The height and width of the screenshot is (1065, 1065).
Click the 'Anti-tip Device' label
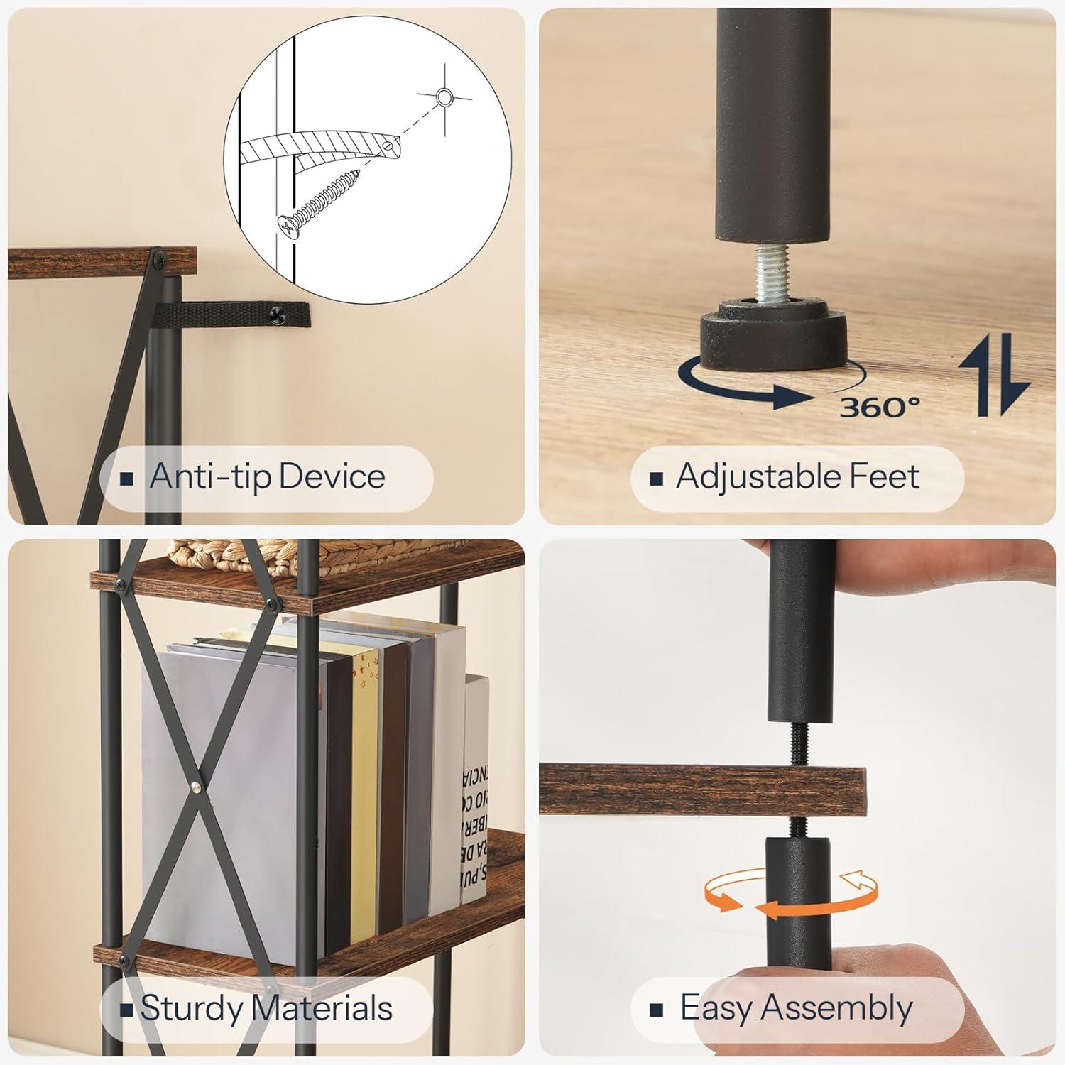coord(266,477)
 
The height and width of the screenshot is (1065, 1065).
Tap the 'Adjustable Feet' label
coord(797,477)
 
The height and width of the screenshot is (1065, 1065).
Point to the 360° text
coord(880,408)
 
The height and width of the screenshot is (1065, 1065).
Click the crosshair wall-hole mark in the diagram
coord(444,98)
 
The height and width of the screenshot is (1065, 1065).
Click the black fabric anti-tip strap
coord(227,312)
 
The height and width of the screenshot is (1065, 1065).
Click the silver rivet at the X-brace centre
coord(196,786)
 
